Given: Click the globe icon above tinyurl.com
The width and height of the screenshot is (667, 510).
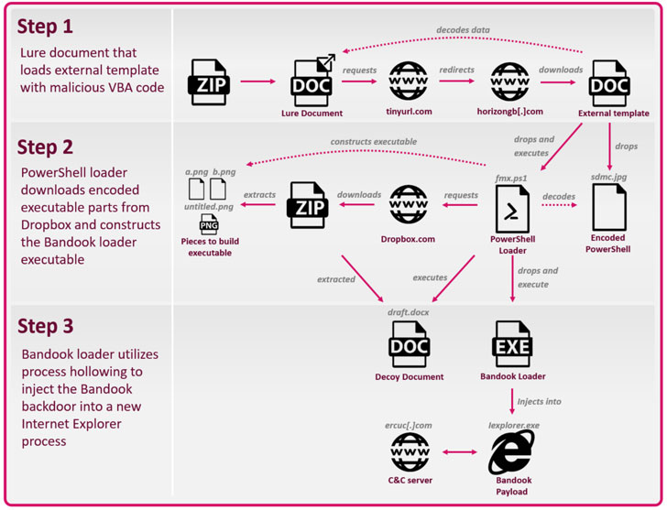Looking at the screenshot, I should (x=408, y=81).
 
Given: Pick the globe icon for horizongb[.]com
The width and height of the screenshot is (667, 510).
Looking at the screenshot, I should (x=509, y=81).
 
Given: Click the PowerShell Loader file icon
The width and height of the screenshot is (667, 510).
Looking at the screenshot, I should (x=511, y=210).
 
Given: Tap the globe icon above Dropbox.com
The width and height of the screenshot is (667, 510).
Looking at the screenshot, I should (x=408, y=205).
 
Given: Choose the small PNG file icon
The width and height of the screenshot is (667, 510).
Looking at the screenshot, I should (x=209, y=226).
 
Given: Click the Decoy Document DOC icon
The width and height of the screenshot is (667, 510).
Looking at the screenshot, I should (x=409, y=344).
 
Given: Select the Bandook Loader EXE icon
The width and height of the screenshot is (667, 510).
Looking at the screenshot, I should (x=511, y=344).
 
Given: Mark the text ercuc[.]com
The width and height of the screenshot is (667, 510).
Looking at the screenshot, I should (x=409, y=426).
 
